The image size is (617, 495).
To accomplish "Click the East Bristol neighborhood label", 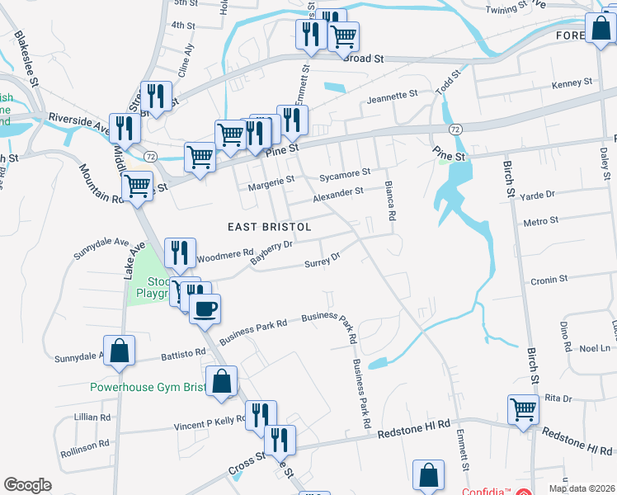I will (270, 226).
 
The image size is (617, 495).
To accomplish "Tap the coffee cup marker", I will (205, 309).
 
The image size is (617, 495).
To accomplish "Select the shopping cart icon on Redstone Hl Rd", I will (524, 409).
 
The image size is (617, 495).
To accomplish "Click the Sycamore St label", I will (345, 175).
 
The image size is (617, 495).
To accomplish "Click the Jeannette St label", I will (393, 97).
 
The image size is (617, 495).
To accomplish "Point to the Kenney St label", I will (572, 83).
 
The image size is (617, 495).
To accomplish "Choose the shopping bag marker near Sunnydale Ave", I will (120, 351).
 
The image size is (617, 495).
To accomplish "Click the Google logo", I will (27, 485).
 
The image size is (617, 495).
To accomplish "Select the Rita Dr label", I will (558, 398).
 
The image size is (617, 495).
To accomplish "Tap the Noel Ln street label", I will (594, 348).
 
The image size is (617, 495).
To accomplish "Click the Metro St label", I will (541, 221).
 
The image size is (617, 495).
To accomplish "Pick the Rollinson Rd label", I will (85, 446).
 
